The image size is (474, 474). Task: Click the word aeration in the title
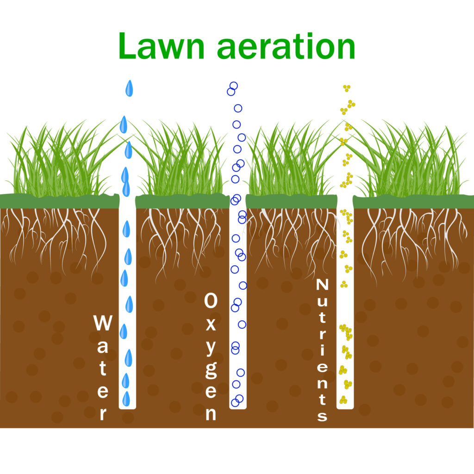pos(286,46)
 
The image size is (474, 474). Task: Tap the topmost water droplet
pos(129,88)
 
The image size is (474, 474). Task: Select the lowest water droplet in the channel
pos(126,399)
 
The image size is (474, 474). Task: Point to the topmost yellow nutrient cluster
pos(347,88)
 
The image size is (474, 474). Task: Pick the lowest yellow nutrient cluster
pos(343,399)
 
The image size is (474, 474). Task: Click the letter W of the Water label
pos(103,323)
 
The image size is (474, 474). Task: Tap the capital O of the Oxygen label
pos(211,300)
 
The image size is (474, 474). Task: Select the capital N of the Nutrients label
pos(322,285)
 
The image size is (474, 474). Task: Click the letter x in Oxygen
pos(211,324)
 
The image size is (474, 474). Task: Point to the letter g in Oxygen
pos(211,370)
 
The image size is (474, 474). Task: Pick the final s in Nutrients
pos(322,416)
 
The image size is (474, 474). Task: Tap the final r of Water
pos(103,414)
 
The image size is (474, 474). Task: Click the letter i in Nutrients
pos(322,349)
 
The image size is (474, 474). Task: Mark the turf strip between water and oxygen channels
pos(182,201)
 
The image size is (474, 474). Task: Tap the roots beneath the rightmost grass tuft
pos(414,242)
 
